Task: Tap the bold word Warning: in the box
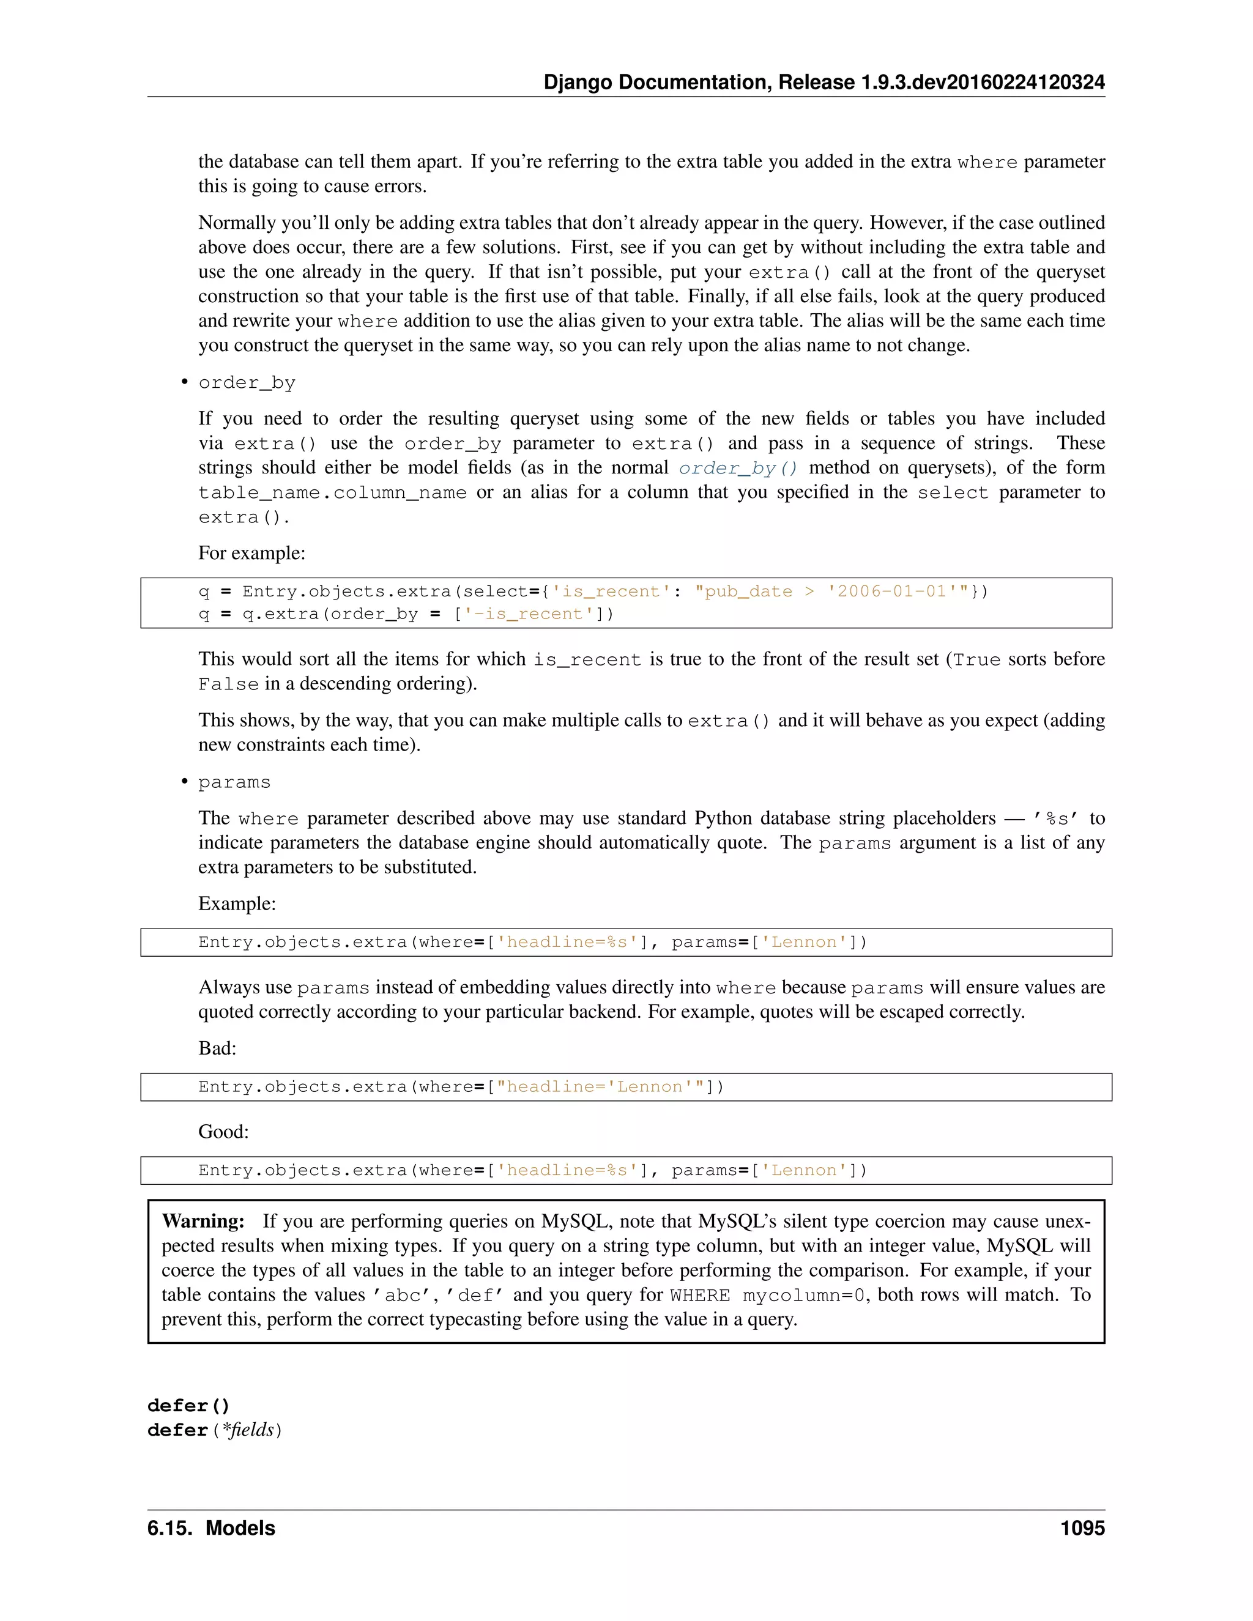pos(203,1221)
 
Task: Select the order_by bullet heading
pos(247,382)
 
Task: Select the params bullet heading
pos(234,782)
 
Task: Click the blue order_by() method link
pos(738,469)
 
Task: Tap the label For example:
pos(251,553)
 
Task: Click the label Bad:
pos(217,1048)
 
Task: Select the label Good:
pos(223,1131)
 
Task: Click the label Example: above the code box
pos(237,903)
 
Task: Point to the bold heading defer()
pos(188,1405)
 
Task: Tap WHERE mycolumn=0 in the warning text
pos(767,1295)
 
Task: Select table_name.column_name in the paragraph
pos(332,493)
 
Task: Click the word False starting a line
pos(228,684)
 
